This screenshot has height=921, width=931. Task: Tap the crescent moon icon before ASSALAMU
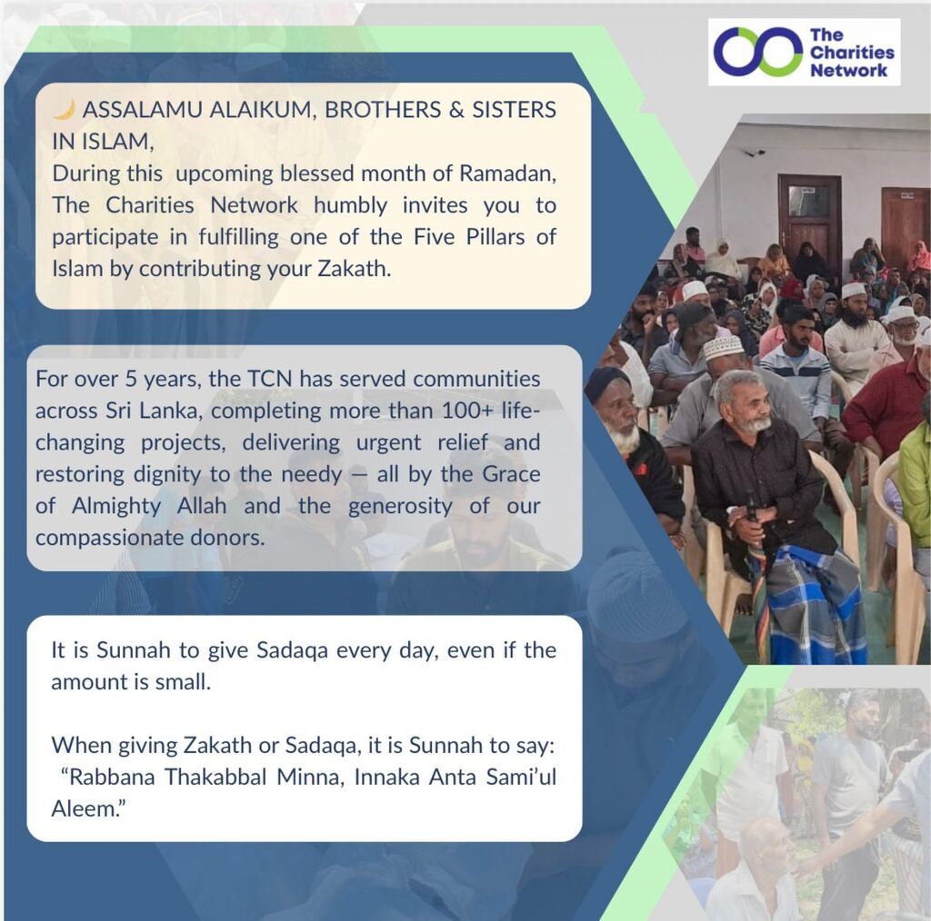(65, 109)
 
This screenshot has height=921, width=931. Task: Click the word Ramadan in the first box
(507, 173)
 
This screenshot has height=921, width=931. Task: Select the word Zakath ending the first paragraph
(354, 269)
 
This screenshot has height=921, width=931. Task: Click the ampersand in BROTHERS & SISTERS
(456, 110)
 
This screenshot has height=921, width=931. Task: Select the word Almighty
(116, 506)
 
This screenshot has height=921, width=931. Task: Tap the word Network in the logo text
(848, 71)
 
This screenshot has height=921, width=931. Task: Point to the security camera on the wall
(755, 153)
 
